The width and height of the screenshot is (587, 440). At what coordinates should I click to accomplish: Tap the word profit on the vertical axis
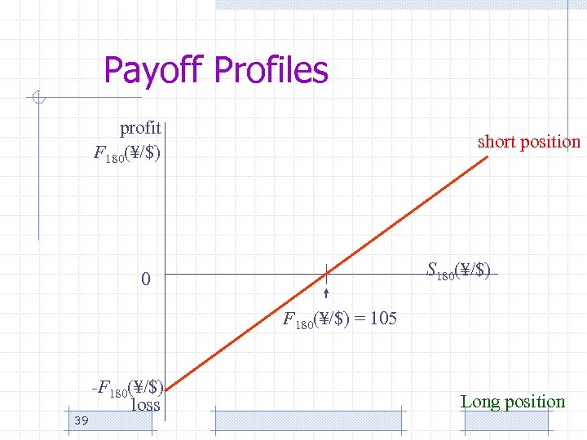(140, 128)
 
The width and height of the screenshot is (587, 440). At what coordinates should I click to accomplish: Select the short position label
(528, 142)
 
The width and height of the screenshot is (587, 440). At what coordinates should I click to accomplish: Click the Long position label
(512, 402)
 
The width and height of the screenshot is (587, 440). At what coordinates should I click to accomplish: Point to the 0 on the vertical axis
(145, 280)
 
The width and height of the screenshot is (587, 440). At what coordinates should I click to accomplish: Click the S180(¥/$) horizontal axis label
(459, 271)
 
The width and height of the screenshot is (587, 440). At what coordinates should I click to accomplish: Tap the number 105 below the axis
(383, 319)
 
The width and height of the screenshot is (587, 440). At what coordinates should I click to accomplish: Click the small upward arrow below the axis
(325, 295)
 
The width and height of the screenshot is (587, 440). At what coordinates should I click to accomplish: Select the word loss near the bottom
(145, 404)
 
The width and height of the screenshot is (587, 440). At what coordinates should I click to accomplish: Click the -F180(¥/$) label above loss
(128, 388)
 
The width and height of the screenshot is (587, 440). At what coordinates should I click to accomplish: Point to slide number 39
(80, 420)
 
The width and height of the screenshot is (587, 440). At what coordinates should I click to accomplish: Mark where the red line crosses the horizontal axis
(325, 274)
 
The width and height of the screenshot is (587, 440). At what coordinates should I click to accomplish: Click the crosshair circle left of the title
(38, 100)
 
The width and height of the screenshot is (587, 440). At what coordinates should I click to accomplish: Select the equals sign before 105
(360, 319)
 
